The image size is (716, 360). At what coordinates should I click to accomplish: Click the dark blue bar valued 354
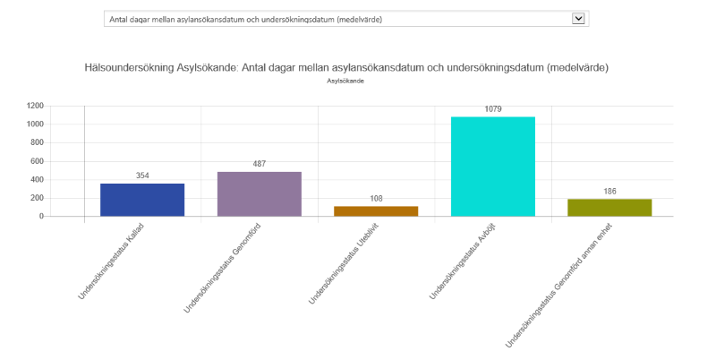[x=142, y=200]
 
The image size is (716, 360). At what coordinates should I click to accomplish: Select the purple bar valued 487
[x=259, y=193]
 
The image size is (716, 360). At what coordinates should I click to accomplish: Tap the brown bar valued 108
[x=376, y=211]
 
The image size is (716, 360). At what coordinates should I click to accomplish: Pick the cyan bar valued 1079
[x=492, y=167]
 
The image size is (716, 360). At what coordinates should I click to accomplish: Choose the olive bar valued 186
[x=609, y=208]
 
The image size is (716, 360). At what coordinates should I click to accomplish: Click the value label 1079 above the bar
[x=493, y=109]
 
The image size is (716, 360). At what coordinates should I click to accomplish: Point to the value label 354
[x=142, y=176]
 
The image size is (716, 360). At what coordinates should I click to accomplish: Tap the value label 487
[x=259, y=164]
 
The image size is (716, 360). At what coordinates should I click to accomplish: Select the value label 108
[x=376, y=199]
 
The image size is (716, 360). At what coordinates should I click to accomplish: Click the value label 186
[x=609, y=192]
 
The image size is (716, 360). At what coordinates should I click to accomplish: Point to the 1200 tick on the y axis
[x=35, y=106]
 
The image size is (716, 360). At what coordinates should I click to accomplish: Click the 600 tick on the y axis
[x=37, y=161]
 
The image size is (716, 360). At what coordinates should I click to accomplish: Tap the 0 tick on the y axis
[x=41, y=217]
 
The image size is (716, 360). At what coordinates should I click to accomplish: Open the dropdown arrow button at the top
[x=578, y=18]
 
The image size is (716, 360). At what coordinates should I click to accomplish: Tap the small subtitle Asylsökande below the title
[x=345, y=81]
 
